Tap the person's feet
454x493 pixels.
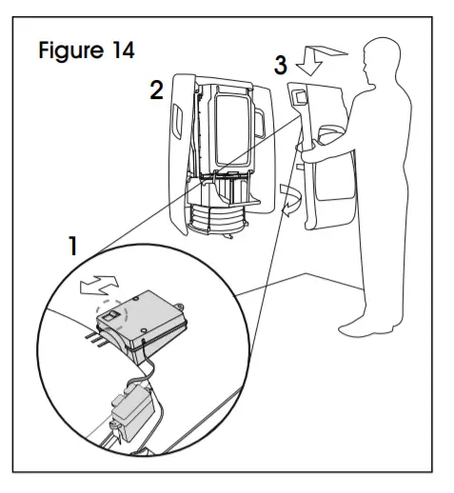[362, 325]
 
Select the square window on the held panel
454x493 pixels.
[299, 96]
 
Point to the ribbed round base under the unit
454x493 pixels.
[213, 224]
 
